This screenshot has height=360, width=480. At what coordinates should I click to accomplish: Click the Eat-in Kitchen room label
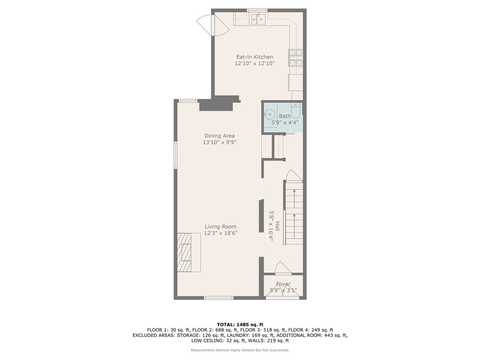click(x=254, y=57)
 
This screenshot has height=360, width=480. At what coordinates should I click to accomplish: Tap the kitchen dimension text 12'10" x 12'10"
click(x=254, y=63)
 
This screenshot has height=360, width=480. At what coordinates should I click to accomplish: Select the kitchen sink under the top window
click(x=257, y=19)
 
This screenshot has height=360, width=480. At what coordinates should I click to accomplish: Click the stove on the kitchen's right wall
click(x=295, y=56)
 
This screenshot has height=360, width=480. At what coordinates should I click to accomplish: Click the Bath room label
click(x=285, y=116)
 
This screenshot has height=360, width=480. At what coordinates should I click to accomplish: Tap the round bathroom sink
click(x=270, y=114)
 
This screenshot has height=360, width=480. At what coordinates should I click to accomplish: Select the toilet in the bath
click(x=295, y=112)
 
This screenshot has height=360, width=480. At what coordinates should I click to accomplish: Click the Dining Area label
click(x=219, y=136)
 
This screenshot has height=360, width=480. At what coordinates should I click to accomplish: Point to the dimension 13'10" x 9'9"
click(x=219, y=142)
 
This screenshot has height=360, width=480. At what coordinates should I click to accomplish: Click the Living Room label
click(x=220, y=227)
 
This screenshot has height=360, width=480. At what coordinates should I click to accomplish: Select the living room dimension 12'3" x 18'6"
click(x=220, y=233)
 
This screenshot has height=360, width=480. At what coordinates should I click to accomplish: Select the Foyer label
click(x=283, y=284)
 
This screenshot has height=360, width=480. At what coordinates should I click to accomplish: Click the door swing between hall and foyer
click(x=282, y=269)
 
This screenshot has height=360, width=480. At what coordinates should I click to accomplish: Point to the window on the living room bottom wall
click(x=218, y=298)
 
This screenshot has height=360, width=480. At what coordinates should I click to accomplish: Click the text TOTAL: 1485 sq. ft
click(x=240, y=324)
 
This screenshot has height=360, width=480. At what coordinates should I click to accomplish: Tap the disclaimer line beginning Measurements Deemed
click(x=240, y=350)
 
